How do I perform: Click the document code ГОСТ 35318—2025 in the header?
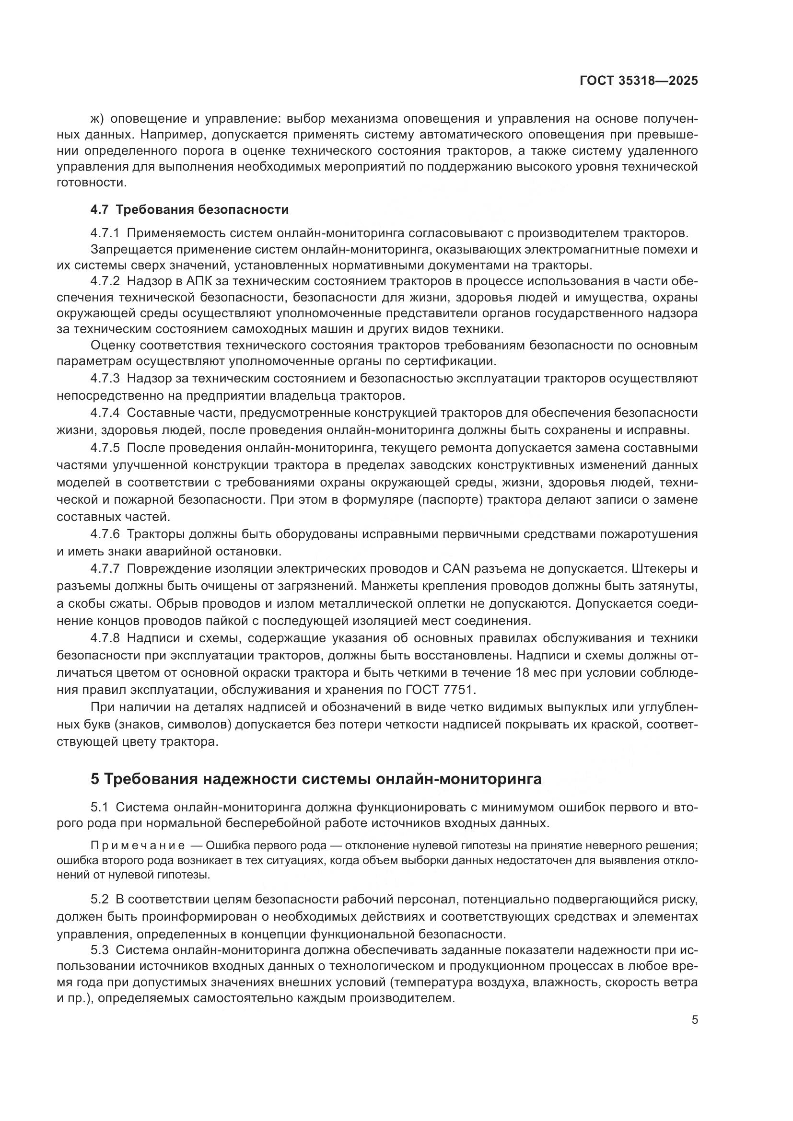(x=639, y=81)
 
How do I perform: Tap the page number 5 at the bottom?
(x=695, y=1020)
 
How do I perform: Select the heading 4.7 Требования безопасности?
(x=189, y=210)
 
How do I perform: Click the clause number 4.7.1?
(x=105, y=233)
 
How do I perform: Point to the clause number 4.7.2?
(x=105, y=281)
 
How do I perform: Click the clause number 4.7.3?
(x=105, y=379)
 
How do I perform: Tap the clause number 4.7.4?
(x=105, y=413)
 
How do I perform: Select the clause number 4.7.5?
(x=105, y=448)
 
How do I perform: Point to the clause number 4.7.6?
(x=105, y=534)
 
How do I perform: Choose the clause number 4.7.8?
(x=105, y=638)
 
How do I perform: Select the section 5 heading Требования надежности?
(x=316, y=779)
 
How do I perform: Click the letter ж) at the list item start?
(x=98, y=119)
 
